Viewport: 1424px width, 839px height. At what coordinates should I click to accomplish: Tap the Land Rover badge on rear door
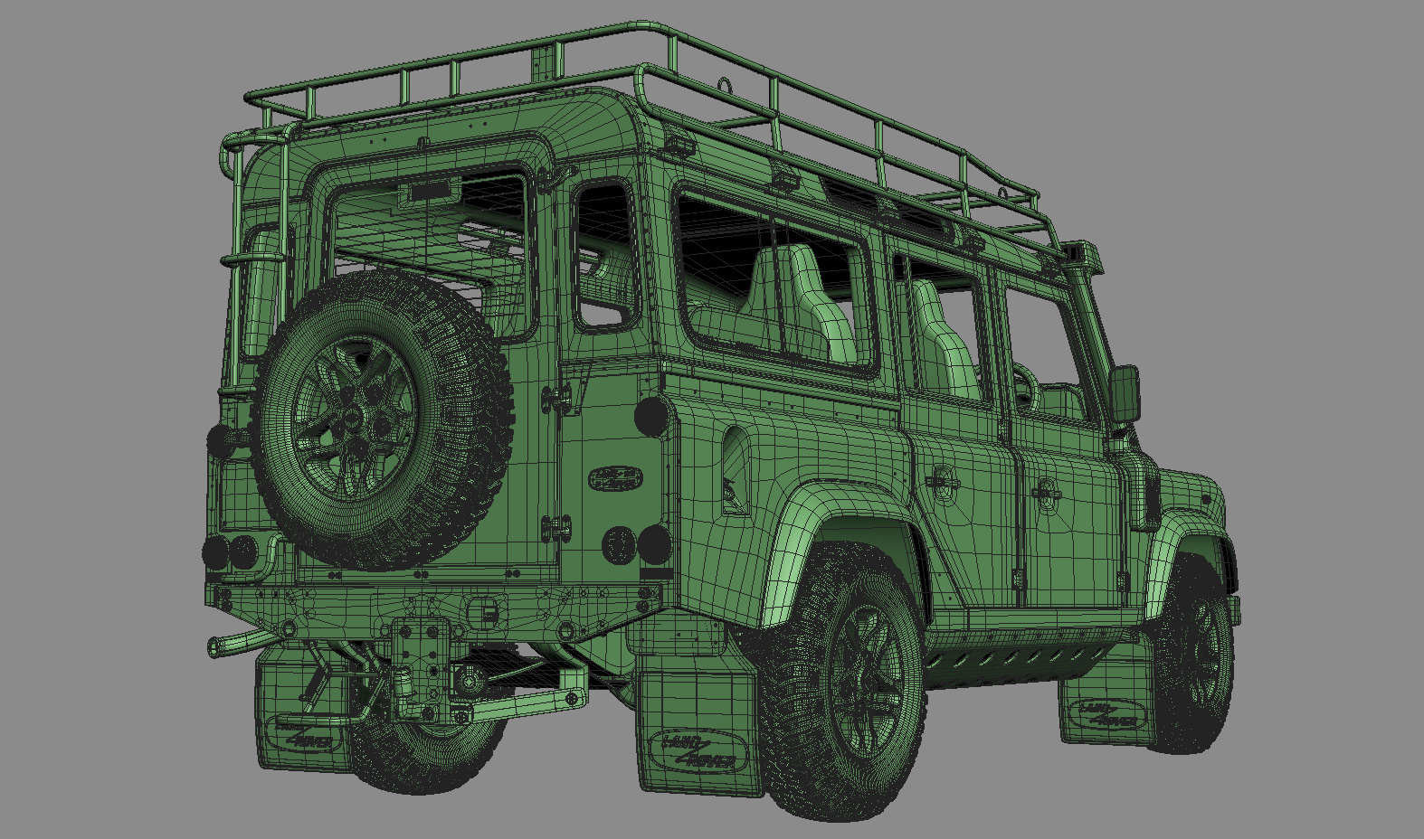[616, 477]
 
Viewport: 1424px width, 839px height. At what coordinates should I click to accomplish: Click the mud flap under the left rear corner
[303, 714]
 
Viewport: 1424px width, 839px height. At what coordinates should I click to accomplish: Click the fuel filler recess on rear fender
[736, 470]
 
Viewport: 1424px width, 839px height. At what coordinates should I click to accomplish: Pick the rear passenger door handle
[944, 481]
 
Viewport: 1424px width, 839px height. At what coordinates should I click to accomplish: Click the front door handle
[1047, 491]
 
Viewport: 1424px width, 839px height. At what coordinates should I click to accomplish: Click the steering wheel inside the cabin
[1025, 384]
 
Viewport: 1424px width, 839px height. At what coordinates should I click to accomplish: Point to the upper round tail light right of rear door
[650, 416]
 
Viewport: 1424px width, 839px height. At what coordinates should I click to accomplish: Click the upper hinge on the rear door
[556, 396]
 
